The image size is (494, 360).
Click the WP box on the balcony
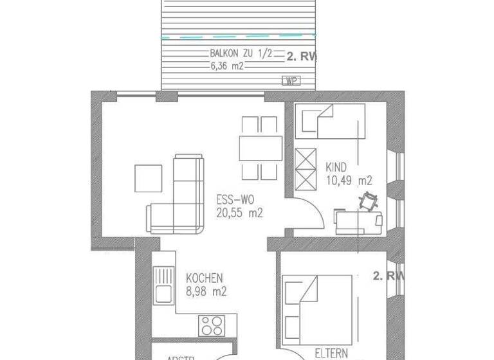(291, 81)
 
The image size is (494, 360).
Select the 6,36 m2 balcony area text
(227, 66)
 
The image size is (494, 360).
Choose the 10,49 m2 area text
(349, 180)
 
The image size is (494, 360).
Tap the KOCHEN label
(204, 278)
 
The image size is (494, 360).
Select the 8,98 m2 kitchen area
(206, 291)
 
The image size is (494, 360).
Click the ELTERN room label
(331, 353)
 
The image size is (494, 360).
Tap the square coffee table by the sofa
(148, 178)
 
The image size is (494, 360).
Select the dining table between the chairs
(260, 147)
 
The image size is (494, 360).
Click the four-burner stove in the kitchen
(211, 325)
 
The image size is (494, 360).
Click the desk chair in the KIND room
(369, 201)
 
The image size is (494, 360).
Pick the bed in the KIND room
(330, 122)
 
